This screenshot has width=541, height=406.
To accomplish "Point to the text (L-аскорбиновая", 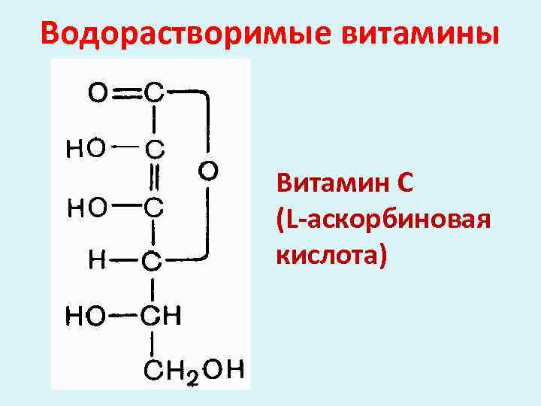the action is pyautogui.click(x=384, y=220).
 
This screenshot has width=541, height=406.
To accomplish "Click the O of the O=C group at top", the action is pyautogui.click(x=98, y=93).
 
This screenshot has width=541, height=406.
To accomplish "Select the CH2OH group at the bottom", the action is pyautogui.click(x=195, y=370).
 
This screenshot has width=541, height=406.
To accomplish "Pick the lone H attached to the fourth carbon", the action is pyautogui.click(x=98, y=260).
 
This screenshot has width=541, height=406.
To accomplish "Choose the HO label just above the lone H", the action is pyautogui.click(x=86, y=206).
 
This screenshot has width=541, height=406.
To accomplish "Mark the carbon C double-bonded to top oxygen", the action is pyautogui.click(x=153, y=93).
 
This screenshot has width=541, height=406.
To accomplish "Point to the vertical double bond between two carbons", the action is pyautogui.click(x=153, y=177).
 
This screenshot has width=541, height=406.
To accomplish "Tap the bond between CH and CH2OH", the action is pyautogui.click(x=153, y=344).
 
